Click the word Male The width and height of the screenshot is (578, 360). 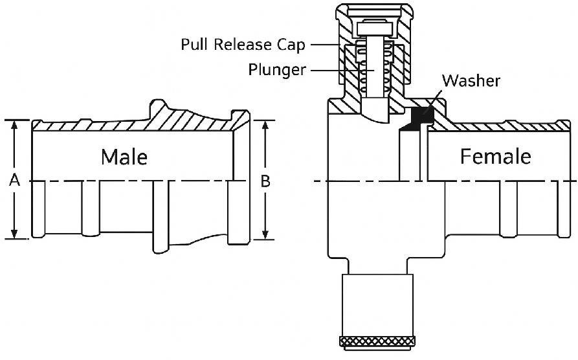124,157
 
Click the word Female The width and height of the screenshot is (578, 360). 495,157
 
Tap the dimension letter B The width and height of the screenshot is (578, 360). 265,182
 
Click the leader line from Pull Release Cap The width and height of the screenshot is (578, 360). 327,45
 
